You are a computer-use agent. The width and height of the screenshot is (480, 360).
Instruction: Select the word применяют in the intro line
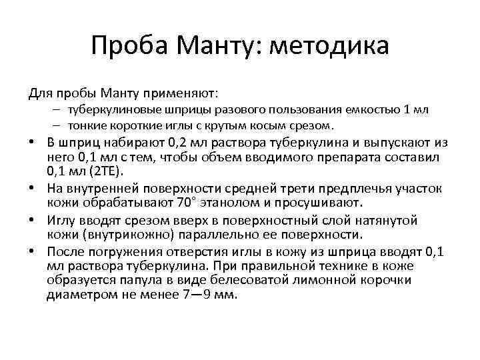coord(180,91)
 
